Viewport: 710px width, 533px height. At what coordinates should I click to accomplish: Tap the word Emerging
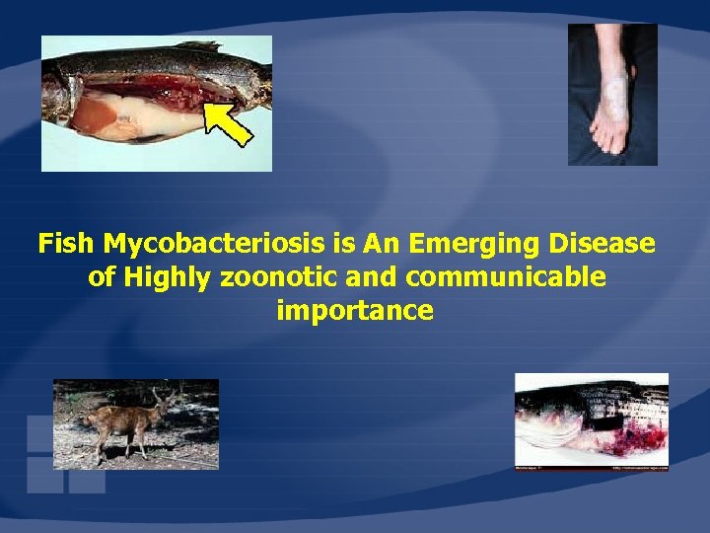tap(461, 244)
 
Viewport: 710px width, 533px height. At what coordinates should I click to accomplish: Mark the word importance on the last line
tap(355, 312)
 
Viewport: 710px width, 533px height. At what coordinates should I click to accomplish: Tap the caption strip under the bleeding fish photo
tap(592, 467)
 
